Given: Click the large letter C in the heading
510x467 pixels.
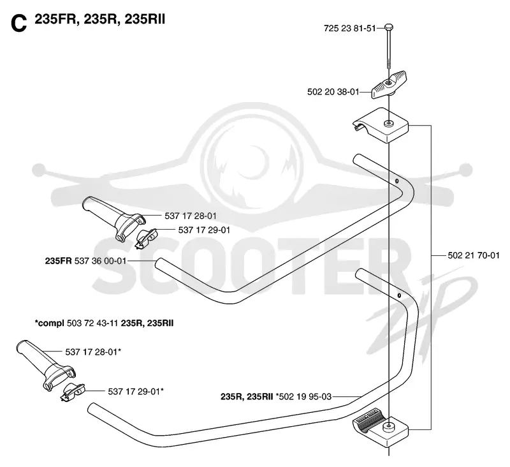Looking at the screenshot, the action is click(18, 24).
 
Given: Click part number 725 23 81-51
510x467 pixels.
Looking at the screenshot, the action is click(349, 29).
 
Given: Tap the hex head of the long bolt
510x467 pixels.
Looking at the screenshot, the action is click(389, 27).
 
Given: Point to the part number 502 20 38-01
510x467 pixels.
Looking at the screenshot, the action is click(333, 92).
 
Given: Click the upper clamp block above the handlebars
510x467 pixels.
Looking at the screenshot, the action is click(381, 126).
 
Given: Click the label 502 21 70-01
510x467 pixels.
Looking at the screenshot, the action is click(474, 255).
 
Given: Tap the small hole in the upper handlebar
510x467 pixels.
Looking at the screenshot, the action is click(397, 181).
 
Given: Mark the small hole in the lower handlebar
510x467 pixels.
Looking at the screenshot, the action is click(399, 295).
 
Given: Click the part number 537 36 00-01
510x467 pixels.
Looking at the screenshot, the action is click(100, 261).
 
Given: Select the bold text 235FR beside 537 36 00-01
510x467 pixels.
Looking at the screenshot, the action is click(58, 261).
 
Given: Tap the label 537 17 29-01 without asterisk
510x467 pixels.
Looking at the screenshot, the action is click(204, 230).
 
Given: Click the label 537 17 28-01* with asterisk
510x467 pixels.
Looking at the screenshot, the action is click(93, 352).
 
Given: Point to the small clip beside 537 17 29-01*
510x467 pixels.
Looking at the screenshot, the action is click(73, 392).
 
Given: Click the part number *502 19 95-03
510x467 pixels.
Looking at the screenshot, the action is click(304, 397).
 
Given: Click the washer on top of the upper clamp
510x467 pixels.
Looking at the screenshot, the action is click(388, 123).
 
